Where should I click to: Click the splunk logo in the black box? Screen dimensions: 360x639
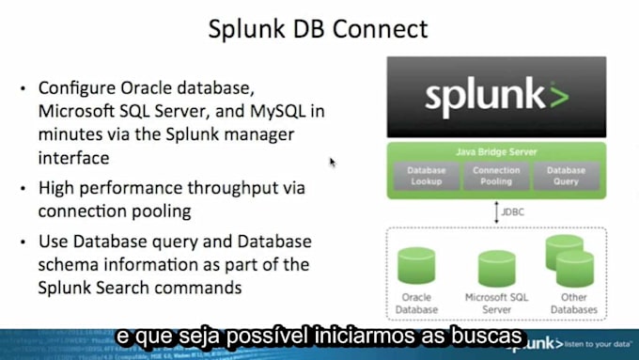tap(496, 96)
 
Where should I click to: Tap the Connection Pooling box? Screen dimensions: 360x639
tap(496, 176)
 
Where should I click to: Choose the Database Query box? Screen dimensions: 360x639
tap(566, 176)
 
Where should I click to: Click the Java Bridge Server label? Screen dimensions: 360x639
tap(496, 151)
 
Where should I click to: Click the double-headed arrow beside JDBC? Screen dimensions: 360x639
tap(496, 211)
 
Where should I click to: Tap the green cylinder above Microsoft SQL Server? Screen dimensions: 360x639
tap(496, 268)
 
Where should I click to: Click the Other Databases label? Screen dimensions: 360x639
tap(574, 304)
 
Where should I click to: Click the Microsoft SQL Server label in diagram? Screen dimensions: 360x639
tap(496, 304)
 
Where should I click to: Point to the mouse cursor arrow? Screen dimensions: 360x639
tap(332, 161)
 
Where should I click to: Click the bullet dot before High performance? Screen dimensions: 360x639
tap(23, 189)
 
